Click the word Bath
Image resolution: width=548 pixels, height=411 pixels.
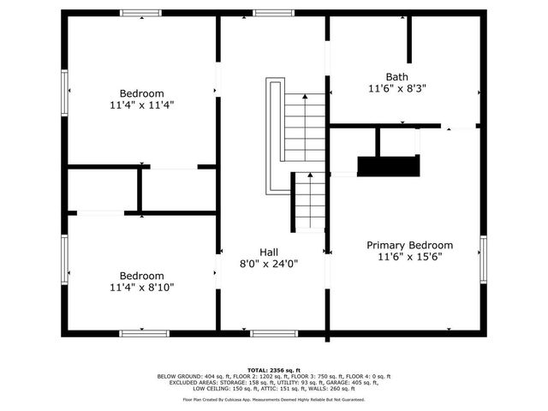396,75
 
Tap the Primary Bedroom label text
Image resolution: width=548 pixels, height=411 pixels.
409,245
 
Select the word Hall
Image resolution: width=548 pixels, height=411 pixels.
269,252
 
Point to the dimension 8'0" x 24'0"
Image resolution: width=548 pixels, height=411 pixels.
269,265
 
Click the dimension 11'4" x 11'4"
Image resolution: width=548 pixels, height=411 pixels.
141,105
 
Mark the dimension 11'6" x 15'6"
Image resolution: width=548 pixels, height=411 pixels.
409,258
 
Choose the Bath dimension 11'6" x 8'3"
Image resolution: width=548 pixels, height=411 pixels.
396,88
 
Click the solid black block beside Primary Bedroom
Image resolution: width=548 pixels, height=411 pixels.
389,166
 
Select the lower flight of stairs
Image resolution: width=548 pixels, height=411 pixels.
309,201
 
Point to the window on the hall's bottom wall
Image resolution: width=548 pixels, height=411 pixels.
268,333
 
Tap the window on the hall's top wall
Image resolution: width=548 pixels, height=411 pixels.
268,13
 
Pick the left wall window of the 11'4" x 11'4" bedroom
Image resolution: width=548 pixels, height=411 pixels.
64,89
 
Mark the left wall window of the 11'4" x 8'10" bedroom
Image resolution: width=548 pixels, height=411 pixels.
64,257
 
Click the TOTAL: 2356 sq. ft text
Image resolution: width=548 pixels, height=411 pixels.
274,368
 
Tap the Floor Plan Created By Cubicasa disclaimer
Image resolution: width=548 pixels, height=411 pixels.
274,399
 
